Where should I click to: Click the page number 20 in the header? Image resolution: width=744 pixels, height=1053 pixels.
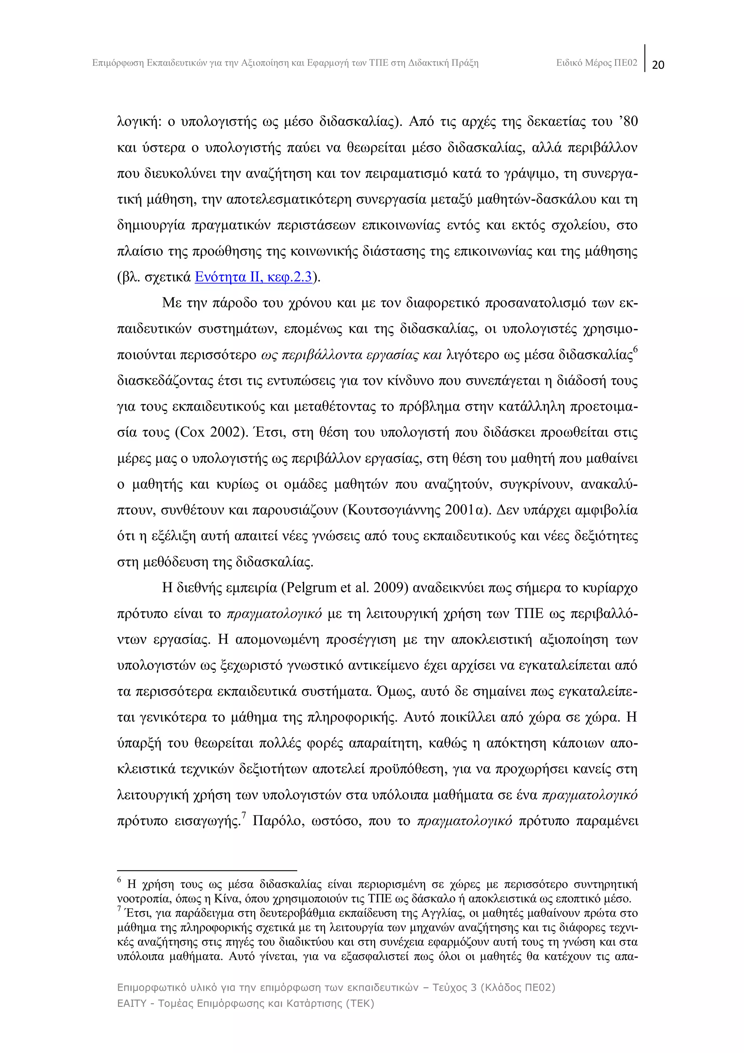coord(658,65)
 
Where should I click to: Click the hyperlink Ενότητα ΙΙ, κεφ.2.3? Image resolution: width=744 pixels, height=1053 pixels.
coord(254,277)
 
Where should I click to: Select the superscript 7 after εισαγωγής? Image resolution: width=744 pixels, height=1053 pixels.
coord(244,815)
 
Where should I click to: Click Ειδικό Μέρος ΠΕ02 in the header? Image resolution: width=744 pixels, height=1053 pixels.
coord(597,63)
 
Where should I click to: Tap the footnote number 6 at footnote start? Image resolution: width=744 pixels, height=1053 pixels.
coord(119,880)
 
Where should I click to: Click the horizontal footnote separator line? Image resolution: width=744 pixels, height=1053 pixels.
coord(207,870)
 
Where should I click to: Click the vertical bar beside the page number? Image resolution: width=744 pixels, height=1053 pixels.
coord(645,58)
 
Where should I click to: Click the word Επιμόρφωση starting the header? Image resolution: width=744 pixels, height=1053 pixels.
coord(118,63)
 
